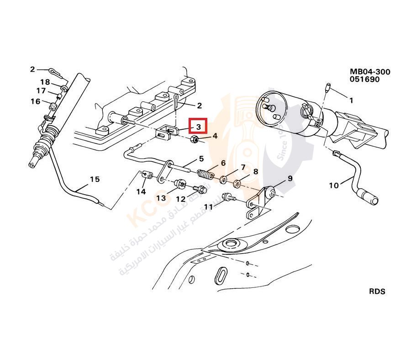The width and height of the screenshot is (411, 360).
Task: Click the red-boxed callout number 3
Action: [x=199, y=126]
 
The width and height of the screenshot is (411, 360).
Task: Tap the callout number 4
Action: [x=215, y=136]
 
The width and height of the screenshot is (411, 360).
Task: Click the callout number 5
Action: [x=200, y=159]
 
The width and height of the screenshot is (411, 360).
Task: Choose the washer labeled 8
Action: [x=237, y=184]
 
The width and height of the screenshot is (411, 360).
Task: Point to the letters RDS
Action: [x=377, y=291]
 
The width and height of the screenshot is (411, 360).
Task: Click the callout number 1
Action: [x=351, y=100]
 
